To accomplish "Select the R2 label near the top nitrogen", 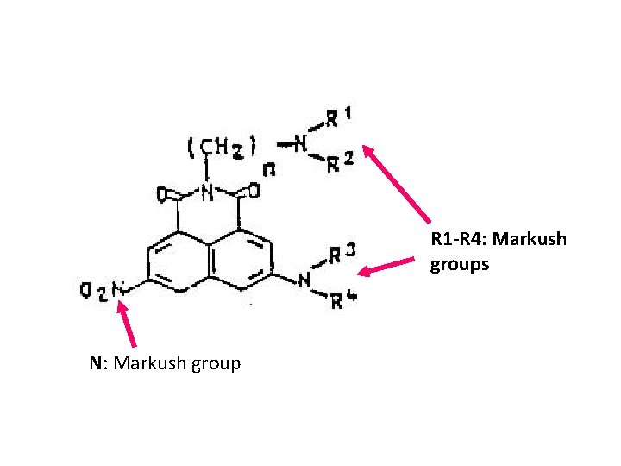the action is click(337, 163).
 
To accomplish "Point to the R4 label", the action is click(342, 299).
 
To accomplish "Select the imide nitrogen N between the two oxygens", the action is click(206, 192).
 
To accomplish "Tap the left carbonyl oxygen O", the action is click(162, 194).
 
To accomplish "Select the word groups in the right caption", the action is click(460, 264).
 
